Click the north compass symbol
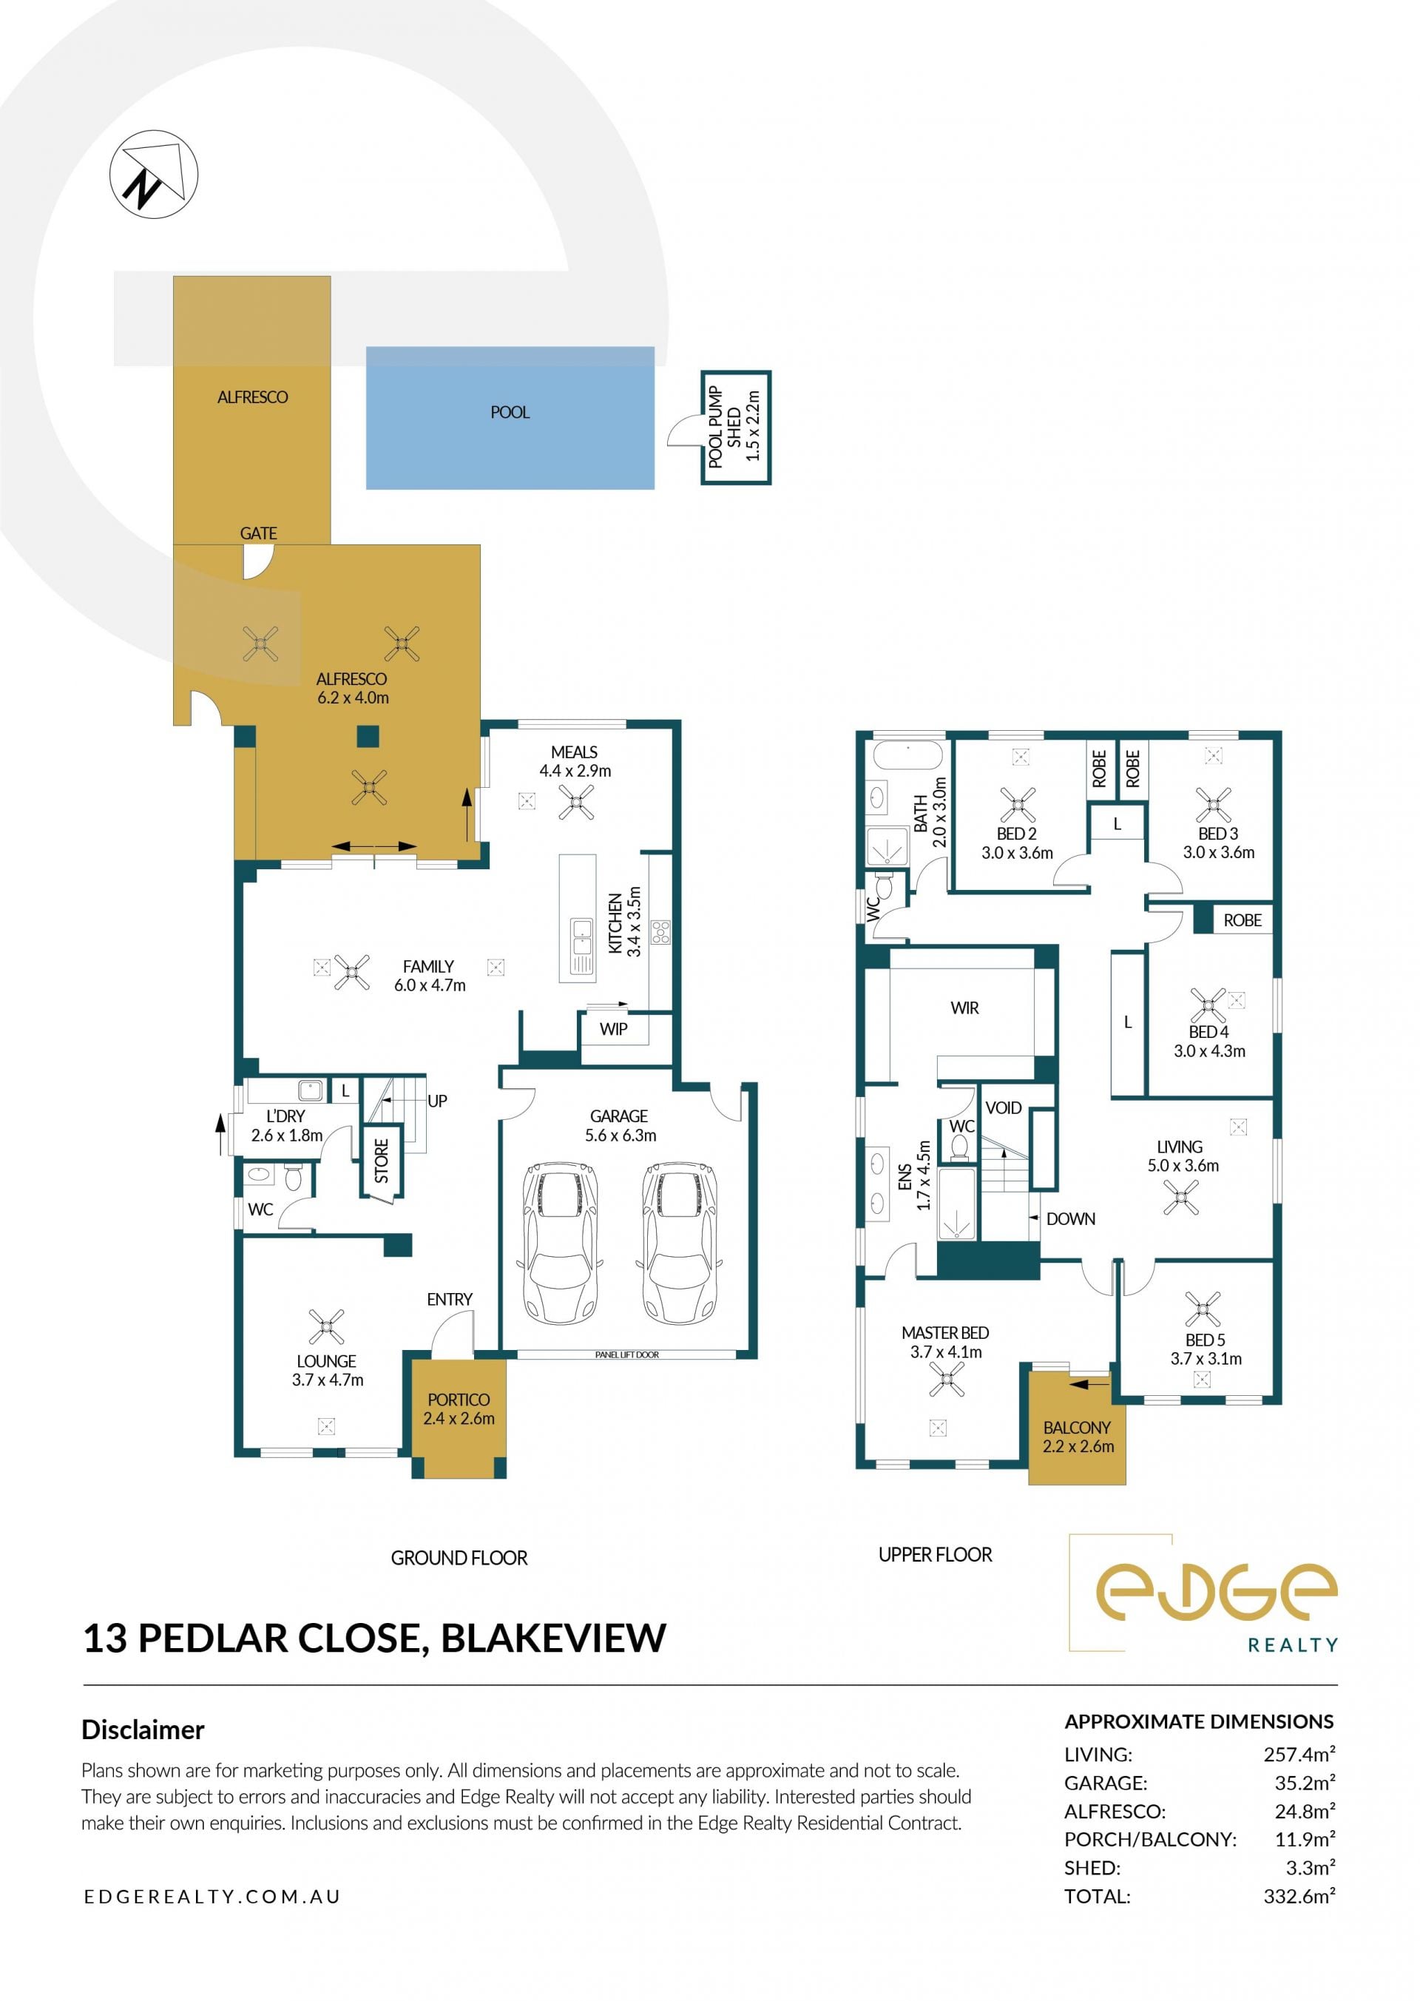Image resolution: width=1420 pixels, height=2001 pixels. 154,174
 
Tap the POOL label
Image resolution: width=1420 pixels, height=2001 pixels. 510,412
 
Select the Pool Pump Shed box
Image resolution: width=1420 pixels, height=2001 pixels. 735,427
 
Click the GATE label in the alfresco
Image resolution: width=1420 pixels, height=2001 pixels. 258,533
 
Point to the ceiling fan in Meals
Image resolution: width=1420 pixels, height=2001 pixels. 575,802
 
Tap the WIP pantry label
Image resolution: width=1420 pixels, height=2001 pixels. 613,1028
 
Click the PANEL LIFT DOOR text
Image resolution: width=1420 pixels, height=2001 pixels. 627,1354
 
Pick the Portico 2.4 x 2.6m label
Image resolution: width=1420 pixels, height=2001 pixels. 459,1409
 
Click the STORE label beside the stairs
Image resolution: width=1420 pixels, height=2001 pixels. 381,1161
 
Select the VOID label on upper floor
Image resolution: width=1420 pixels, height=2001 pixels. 1003,1108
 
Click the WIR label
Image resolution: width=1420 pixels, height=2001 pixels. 964,1008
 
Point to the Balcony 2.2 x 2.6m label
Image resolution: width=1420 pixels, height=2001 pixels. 1078,1437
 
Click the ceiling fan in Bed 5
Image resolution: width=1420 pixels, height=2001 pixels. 1203,1309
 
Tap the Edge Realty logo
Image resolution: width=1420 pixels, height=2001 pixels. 1204,1594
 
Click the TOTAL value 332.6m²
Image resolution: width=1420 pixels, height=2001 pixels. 1299,1896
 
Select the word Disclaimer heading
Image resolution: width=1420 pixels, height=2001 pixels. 143,1730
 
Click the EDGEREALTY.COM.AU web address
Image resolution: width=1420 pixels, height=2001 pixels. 212,1896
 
